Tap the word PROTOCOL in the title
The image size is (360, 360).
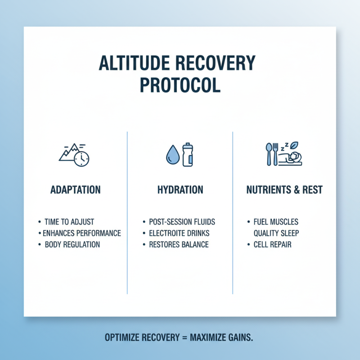click(x=180, y=85)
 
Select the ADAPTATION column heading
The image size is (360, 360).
click(x=76, y=190)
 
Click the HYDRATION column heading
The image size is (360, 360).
click(x=180, y=190)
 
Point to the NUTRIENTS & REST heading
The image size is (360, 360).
click(x=284, y=190)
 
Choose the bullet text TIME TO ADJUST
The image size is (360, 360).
click(x=69, y=222)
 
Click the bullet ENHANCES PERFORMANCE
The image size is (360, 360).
click(x=81, y=233)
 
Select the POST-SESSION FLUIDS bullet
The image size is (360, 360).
click(x=182, y=222)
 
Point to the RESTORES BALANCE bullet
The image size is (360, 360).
click(x=179, y=245)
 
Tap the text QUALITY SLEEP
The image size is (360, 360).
click(x=276, y=233)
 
